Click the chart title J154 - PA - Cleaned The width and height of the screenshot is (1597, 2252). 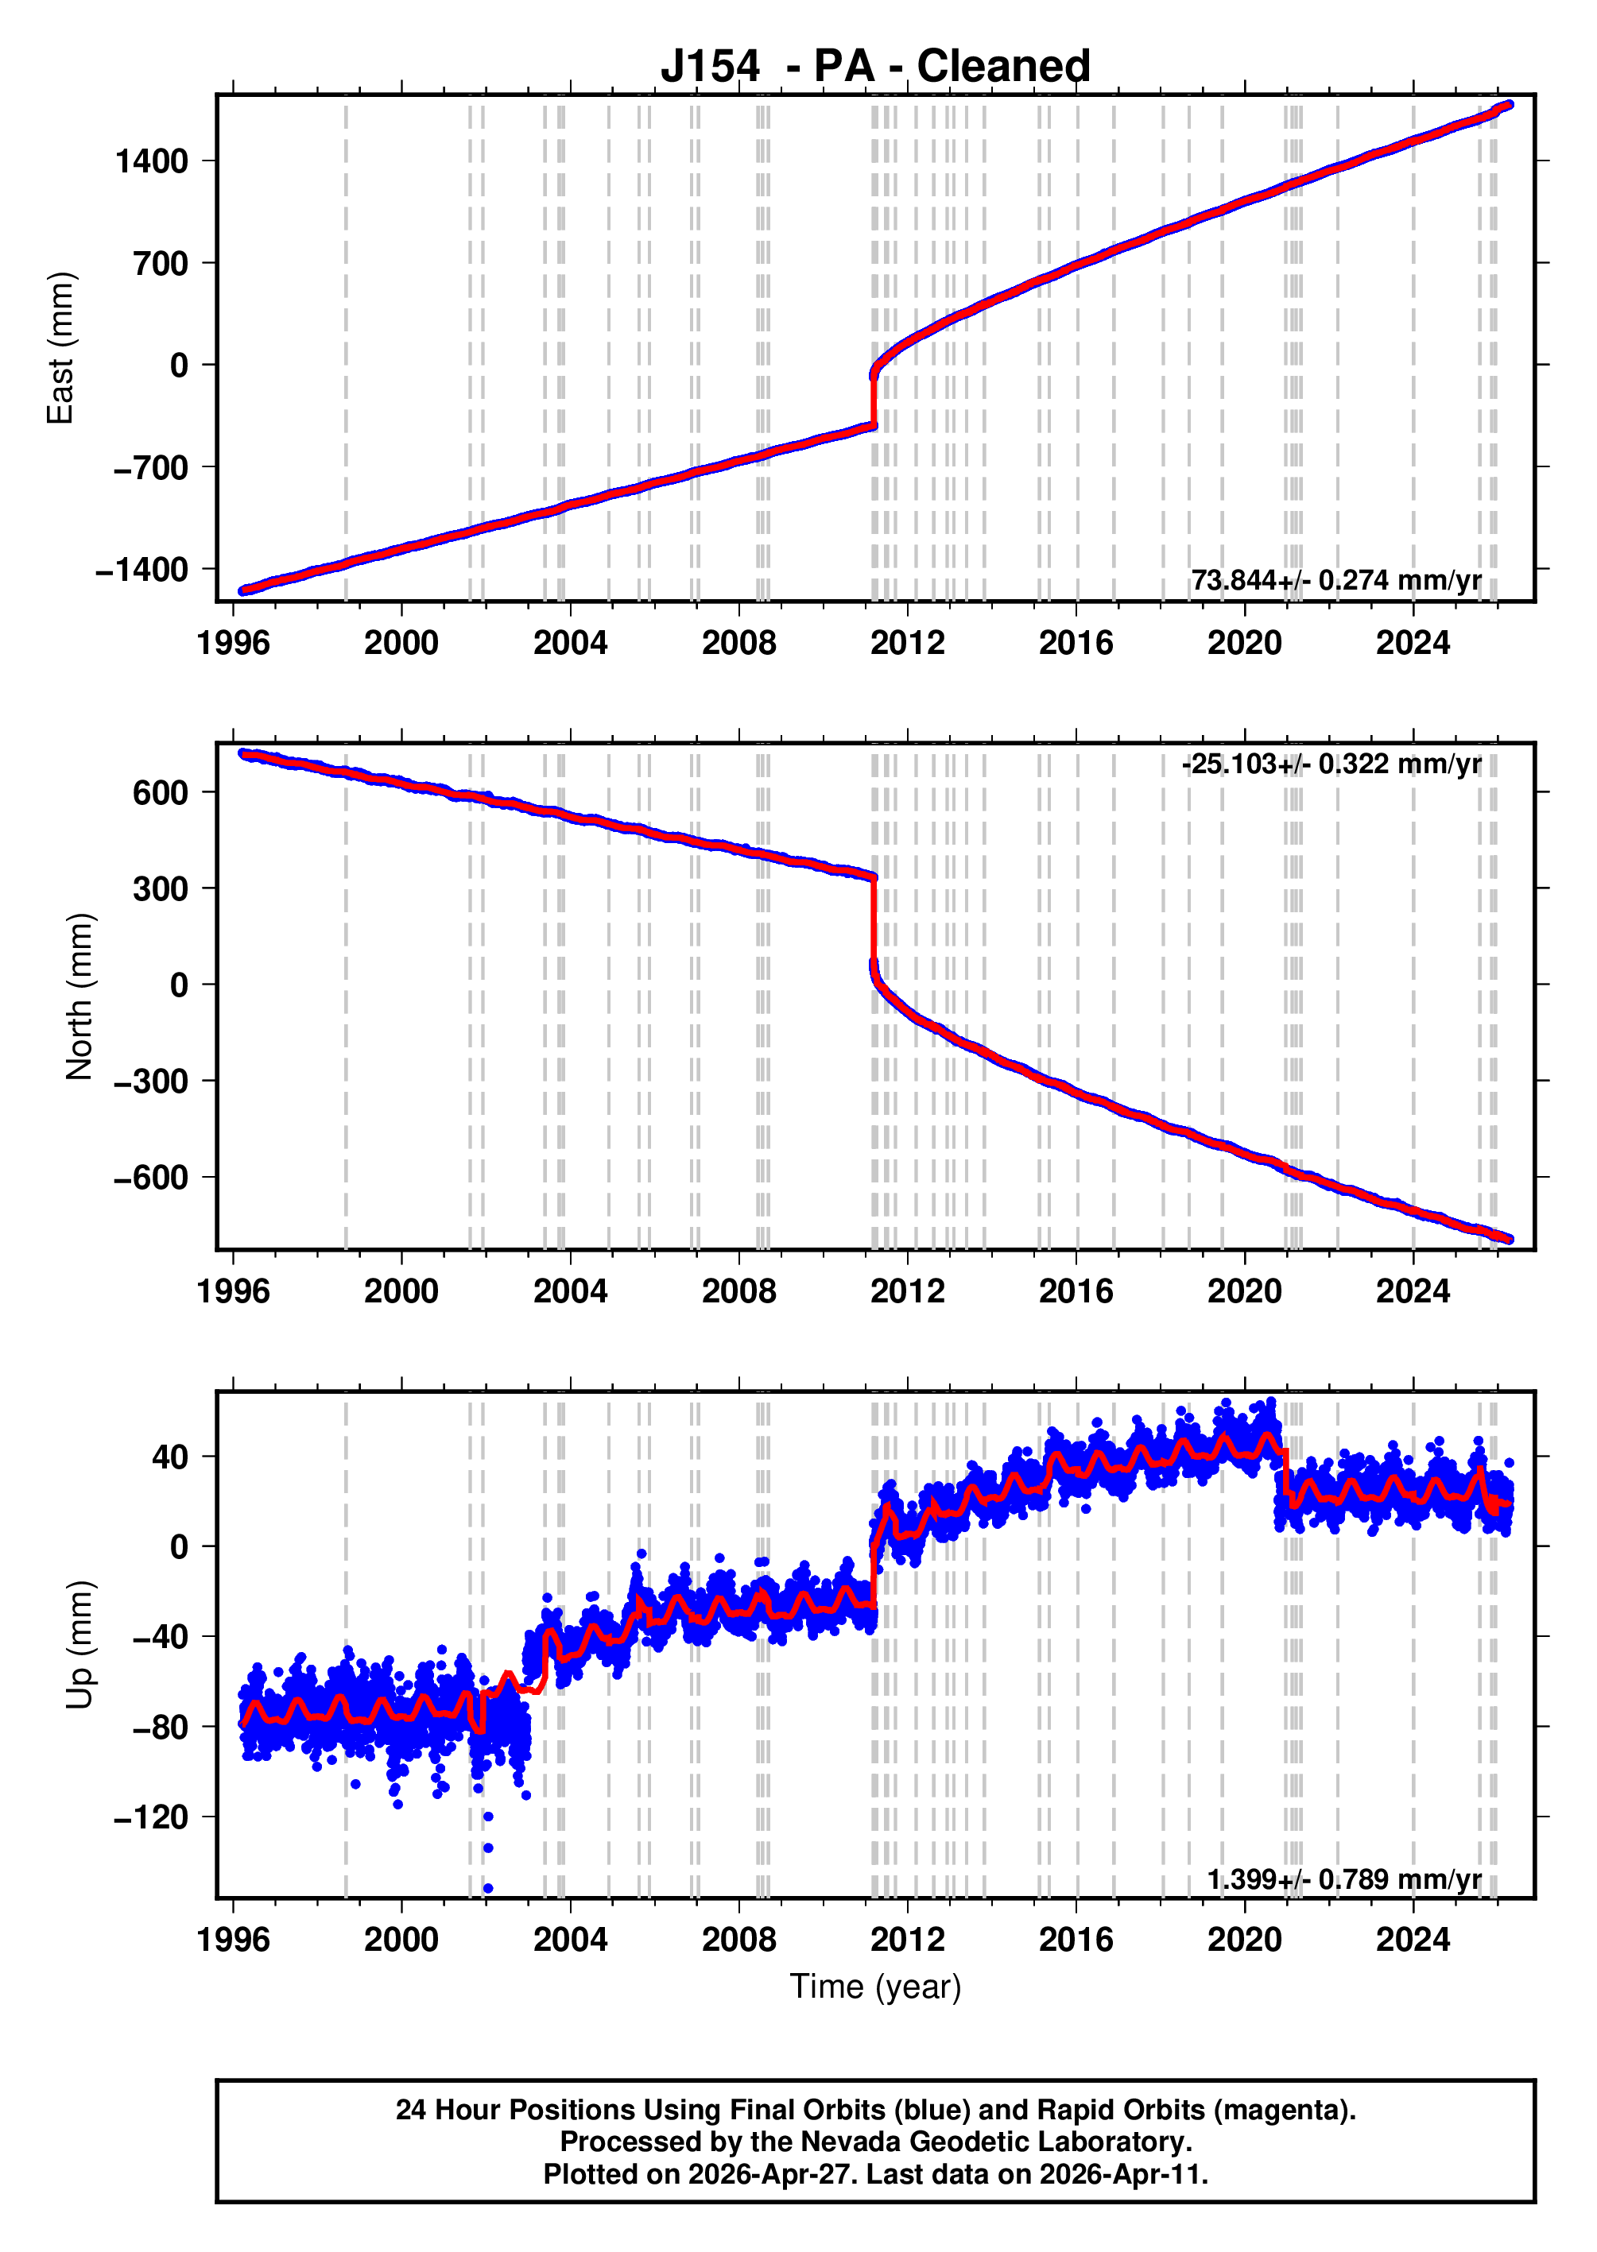pos(874,67)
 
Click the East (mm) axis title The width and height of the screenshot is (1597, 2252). pos(61,348)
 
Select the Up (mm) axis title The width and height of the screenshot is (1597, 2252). pos(79,1645)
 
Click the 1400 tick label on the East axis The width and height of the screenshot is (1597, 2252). pos(152,161)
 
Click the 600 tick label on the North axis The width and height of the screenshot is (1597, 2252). pos(161,792)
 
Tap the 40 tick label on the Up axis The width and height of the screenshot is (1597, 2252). pos(169,1457)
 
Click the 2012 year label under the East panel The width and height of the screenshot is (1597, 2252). pos(907,644)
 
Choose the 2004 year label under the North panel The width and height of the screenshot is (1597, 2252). pos(569,1291)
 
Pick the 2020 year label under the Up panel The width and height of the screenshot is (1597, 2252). pos(1244,1940)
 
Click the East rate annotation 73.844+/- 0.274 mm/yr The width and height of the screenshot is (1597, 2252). pos(1335,580)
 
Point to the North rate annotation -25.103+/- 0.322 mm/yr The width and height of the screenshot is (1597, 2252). pos(1331,764)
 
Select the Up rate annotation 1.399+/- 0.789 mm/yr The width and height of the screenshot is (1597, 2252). pos(1343,1879)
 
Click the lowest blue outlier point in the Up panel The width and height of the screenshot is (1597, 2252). pos(488,1887)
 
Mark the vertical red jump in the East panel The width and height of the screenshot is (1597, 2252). pos(874,399)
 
